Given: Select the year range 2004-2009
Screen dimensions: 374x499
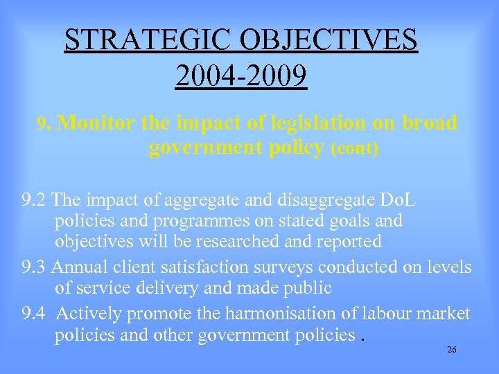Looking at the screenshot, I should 241,75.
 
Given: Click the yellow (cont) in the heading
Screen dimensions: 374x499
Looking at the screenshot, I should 355,149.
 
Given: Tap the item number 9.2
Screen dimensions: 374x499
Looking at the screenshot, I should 34,200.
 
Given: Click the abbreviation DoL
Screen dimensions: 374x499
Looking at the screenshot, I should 398,200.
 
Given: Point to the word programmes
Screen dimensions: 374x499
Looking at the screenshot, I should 193,221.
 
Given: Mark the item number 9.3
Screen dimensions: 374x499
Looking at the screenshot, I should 34,267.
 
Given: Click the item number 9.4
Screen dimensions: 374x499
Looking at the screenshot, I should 34,313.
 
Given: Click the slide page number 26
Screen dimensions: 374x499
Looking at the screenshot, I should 451,350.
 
